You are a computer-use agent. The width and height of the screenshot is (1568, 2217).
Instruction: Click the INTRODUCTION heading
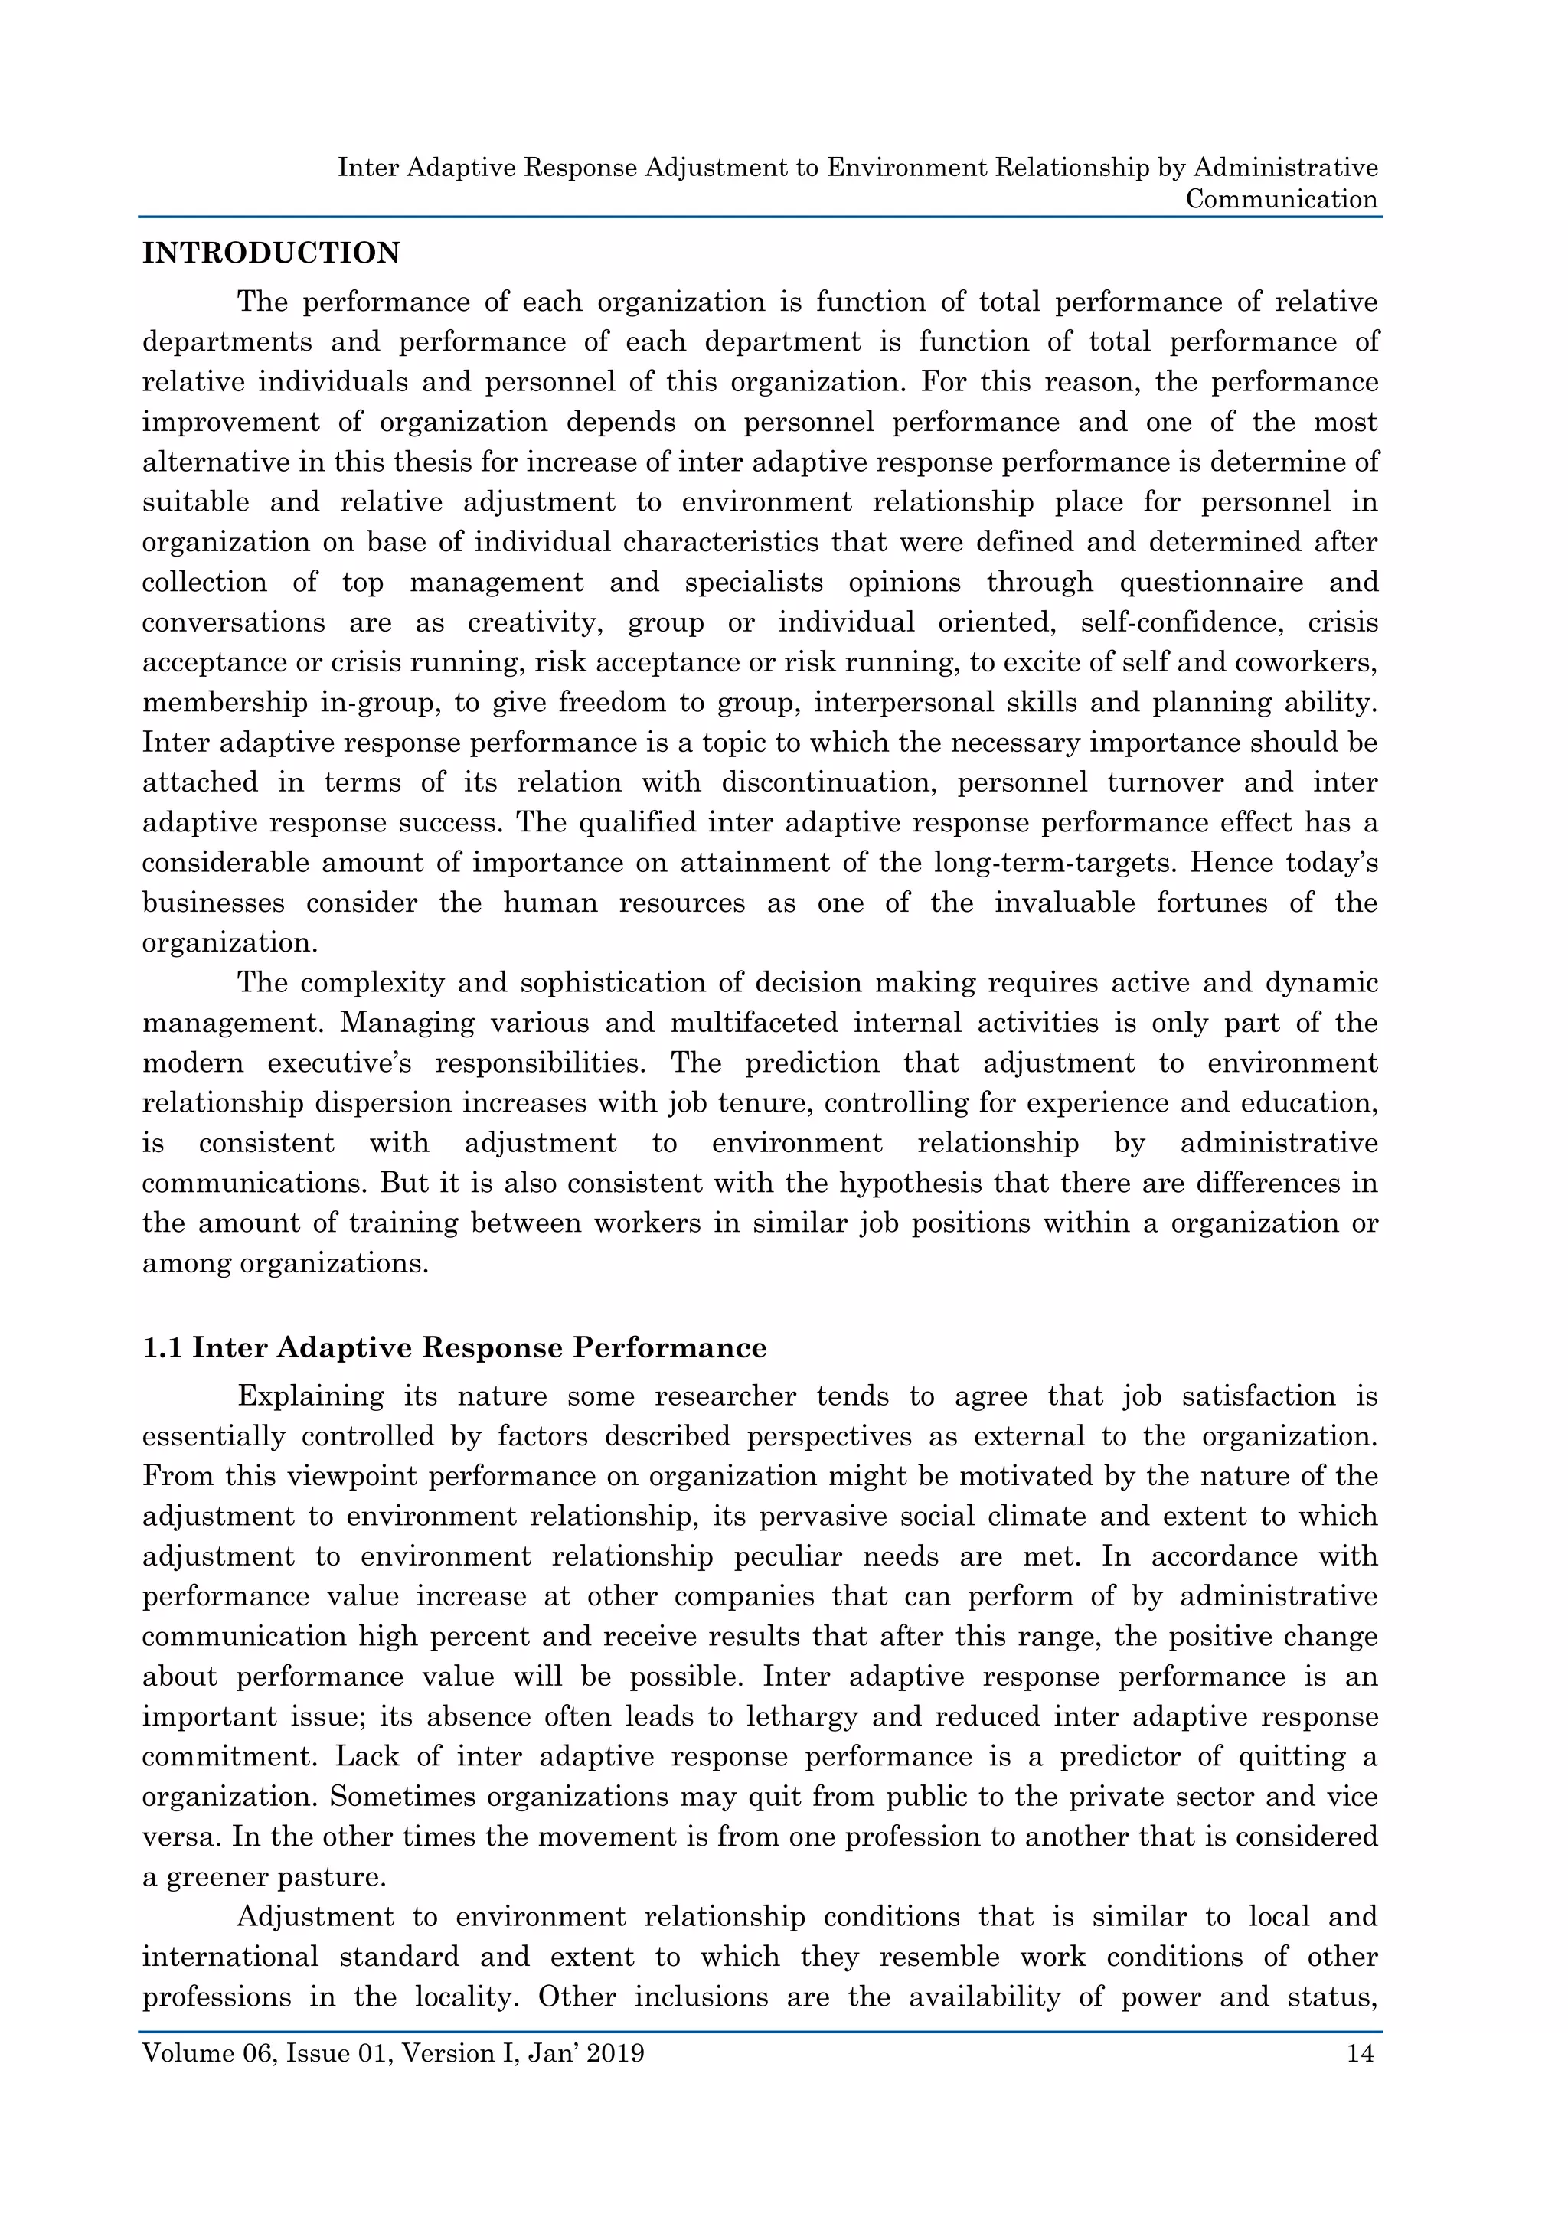[x=270, y=253]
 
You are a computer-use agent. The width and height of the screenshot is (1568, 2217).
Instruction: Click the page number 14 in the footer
[x=1360, y=2053]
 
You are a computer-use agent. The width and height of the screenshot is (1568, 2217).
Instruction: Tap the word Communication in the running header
[x=1281, y=199]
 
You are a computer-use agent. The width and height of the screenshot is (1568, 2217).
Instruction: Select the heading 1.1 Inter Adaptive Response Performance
[x=454, y=1348]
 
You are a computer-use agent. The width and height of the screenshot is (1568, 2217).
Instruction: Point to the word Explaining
[x=310, y=1396]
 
